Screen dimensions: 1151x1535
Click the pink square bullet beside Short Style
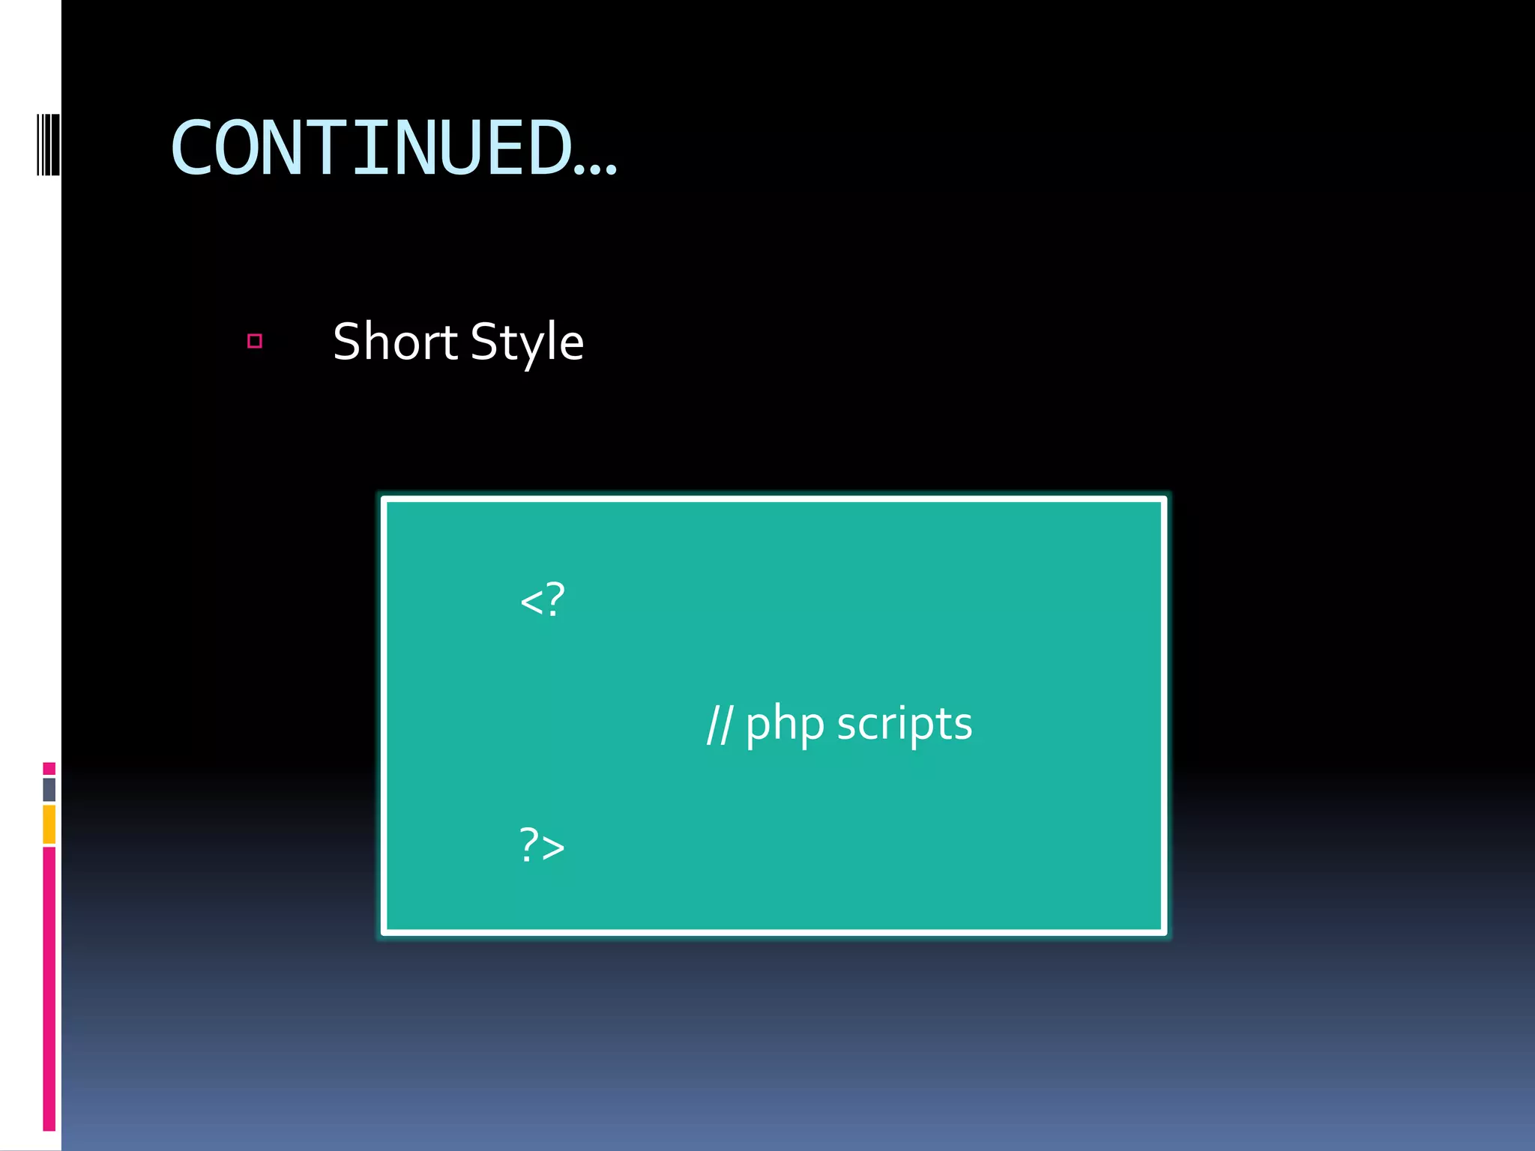[255, 342]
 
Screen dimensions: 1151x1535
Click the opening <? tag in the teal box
[542, 600]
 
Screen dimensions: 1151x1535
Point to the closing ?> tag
[542, 845]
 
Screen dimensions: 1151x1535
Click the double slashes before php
[719, 725]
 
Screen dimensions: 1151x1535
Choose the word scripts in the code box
[905, 725]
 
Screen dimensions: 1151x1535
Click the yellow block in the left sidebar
[49, 824]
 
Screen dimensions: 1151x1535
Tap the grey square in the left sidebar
[49, 789]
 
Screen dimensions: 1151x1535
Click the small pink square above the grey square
[49, 768]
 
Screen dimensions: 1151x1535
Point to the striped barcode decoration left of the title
[48, 144]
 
